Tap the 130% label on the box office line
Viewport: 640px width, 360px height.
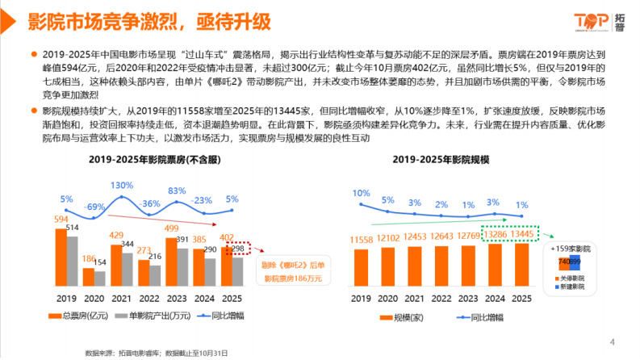(x=122, y=186)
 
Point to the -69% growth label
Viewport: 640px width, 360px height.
(x=96, y=207)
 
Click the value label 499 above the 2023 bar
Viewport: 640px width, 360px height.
(x=171, y=228)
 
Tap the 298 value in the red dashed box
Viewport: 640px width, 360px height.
(x=235, y=249)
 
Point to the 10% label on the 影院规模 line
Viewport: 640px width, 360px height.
(x=361, y=194)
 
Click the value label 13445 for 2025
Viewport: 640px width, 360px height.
(x=520, y=235)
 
